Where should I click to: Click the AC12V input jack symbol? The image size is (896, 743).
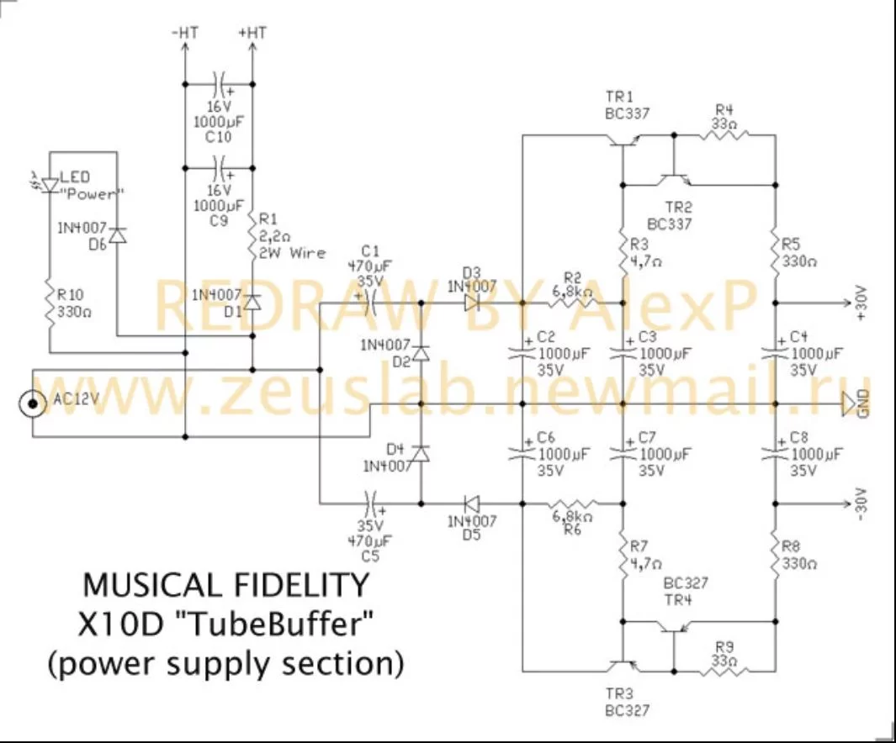(33, 403)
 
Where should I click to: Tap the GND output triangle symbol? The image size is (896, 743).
(849, 404)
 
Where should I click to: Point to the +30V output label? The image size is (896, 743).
(862, 303)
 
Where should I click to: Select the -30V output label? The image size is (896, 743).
(862, 504)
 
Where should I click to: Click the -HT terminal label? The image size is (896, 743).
(184, 33)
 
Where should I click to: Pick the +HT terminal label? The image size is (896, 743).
(252, 33)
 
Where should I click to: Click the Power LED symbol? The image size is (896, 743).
(50, 185)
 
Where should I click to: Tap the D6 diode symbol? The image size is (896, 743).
(117, 235)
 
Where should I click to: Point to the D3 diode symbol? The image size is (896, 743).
(471, 303)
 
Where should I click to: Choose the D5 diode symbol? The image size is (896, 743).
(471, 504)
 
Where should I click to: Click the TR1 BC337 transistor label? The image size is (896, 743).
(627, 106)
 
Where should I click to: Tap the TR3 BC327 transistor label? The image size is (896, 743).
(627, 703)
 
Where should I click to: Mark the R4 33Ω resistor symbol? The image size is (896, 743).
(724, 135)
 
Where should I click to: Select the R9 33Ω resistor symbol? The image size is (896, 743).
(724, 672)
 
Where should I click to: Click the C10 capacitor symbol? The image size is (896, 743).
(219, 84)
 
